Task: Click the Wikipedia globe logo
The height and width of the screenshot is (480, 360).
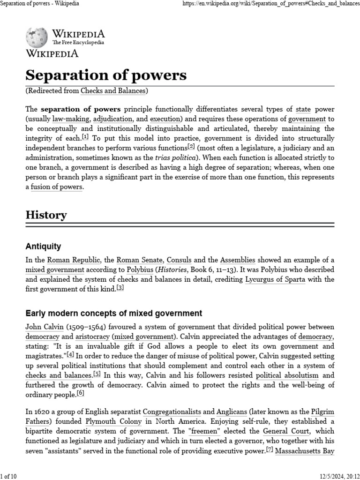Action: click(x=37, y=37)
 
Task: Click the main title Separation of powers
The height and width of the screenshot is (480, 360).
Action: click(x=105, y=75)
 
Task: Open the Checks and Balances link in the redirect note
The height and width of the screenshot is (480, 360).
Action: click(x=114, y=90)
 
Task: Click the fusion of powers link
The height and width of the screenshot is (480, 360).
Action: click(x=57, y=187)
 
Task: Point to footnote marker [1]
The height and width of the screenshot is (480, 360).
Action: click(x=85, y=137)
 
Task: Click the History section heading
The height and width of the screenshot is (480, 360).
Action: click(x=46, y=215)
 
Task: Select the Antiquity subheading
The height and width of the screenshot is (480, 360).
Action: click(x=43, y=246)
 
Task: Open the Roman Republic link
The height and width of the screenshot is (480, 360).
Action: click(x=67, y=260)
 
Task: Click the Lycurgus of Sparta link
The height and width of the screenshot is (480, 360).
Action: click(x=276, y=279)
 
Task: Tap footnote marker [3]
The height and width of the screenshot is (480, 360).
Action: click(x=120, y=288)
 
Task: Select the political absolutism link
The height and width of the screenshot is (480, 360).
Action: click(x=287, y=375)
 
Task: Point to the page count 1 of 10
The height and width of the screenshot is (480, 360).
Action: click(x=8, y=476)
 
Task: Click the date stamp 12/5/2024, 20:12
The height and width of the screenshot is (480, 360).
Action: click(x=338, y=476)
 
